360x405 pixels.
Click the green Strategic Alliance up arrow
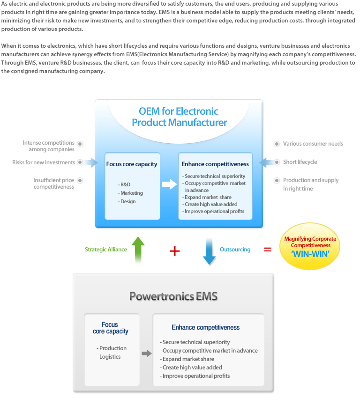[138, 250]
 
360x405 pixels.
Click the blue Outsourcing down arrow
[209, 250]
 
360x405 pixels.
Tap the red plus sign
[174, 250]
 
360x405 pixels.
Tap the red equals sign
[268, 250]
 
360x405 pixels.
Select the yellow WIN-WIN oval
[310, 246]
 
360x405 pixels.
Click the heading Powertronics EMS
[173, 296]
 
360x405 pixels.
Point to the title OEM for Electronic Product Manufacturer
[179, 117]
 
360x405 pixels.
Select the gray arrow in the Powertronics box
[147, 353]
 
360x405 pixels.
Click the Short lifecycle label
[300, 162]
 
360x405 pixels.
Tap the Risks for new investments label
[44, 162]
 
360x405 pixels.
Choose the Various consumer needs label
[313, 144]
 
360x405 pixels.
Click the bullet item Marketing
[131, 193]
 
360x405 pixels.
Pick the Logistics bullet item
[110, 357]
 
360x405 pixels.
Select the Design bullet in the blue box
[127, 201]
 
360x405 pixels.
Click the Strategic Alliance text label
[106, 250]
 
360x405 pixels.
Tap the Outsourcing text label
[235, 250]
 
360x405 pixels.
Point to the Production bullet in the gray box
[112, 348]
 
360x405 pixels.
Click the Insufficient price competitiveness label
[53, 184]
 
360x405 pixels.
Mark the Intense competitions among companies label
[49, 146]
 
